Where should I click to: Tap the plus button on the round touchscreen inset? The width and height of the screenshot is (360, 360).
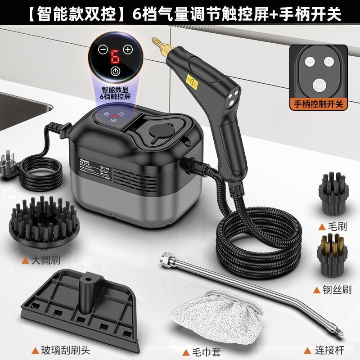[128, 49]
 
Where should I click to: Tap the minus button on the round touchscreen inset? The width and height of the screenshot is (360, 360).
[103, 50]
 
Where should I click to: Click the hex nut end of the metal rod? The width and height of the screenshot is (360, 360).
[165, 259]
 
